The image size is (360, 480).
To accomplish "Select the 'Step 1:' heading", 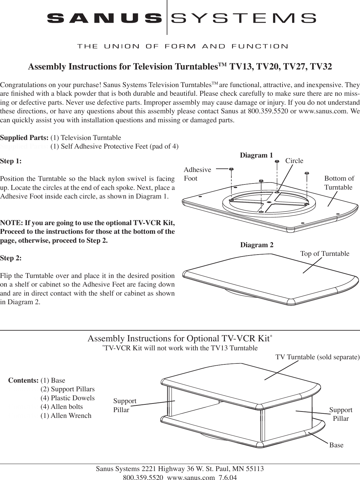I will click(11, 161).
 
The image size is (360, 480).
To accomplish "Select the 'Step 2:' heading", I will click(11, 258).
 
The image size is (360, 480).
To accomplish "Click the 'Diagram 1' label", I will click(256, 156).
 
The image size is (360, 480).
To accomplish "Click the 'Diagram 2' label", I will click(257, 245).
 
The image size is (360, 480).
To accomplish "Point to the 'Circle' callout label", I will click(294, 161).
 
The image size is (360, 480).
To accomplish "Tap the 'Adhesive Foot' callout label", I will click(197, 174).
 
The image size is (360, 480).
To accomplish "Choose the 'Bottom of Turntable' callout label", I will click(339, 183).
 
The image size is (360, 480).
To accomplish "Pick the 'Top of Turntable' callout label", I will click(325, 254).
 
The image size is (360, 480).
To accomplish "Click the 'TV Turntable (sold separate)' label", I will click(317, 357).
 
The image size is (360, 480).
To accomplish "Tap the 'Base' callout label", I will click(336, 445).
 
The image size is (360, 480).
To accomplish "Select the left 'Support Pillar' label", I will click(125, 405).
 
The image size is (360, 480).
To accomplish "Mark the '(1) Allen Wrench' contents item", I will click(66, 416).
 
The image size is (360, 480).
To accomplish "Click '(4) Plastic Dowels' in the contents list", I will click(68, 398).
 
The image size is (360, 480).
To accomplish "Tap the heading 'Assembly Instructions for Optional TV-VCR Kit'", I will click(180, 339).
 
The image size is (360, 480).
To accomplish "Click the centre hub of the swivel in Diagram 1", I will click(269, 202).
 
